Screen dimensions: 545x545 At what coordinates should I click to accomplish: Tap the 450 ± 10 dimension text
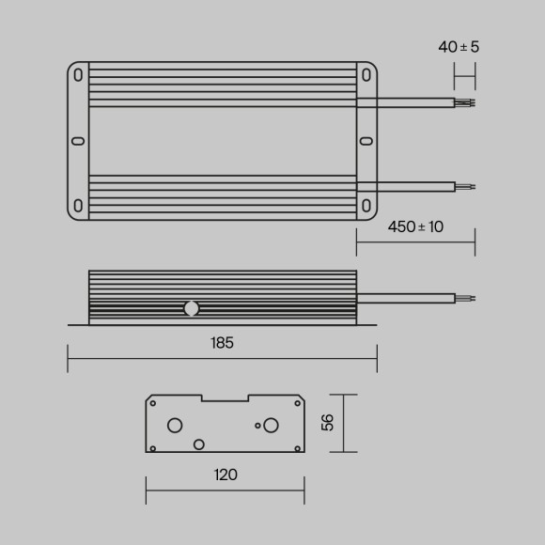pyautogui.click(x=416, y=227)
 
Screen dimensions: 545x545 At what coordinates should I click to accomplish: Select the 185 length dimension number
pyautogui.click(x=222, y=343)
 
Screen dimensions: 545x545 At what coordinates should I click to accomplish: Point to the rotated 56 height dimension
pyautogui.click(x=327, y=423)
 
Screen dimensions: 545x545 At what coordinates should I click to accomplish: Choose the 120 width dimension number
pyautogui.click(x=226, y=475)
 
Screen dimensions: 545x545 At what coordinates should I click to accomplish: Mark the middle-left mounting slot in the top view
pyautogui.click(x=77, y=142)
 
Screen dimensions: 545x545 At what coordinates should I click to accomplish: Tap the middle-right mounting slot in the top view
pyautogui.click(x=366, y=142)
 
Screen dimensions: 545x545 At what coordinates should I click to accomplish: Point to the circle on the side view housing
pyautogui.click(x=192, y=307)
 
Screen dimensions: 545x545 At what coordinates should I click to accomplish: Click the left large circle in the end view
pyautogui.click(x=175, y=425)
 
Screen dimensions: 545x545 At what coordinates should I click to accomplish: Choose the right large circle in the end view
pyautogui.click(x=271, y=425)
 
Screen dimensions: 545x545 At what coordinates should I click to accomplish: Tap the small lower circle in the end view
pyautogui.click(x=198, y=444)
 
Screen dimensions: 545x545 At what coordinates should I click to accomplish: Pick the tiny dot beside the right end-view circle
pyautogui.click(x=257, y=426)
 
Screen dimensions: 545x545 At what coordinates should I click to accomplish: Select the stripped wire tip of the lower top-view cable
pyautogui.click(x=466, y=186)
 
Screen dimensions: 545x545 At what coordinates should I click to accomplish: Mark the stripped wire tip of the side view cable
pyautogui.click(x=466, y=299)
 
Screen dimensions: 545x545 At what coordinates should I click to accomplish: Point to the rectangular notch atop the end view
pyautogui.click(x=225, y=398)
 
